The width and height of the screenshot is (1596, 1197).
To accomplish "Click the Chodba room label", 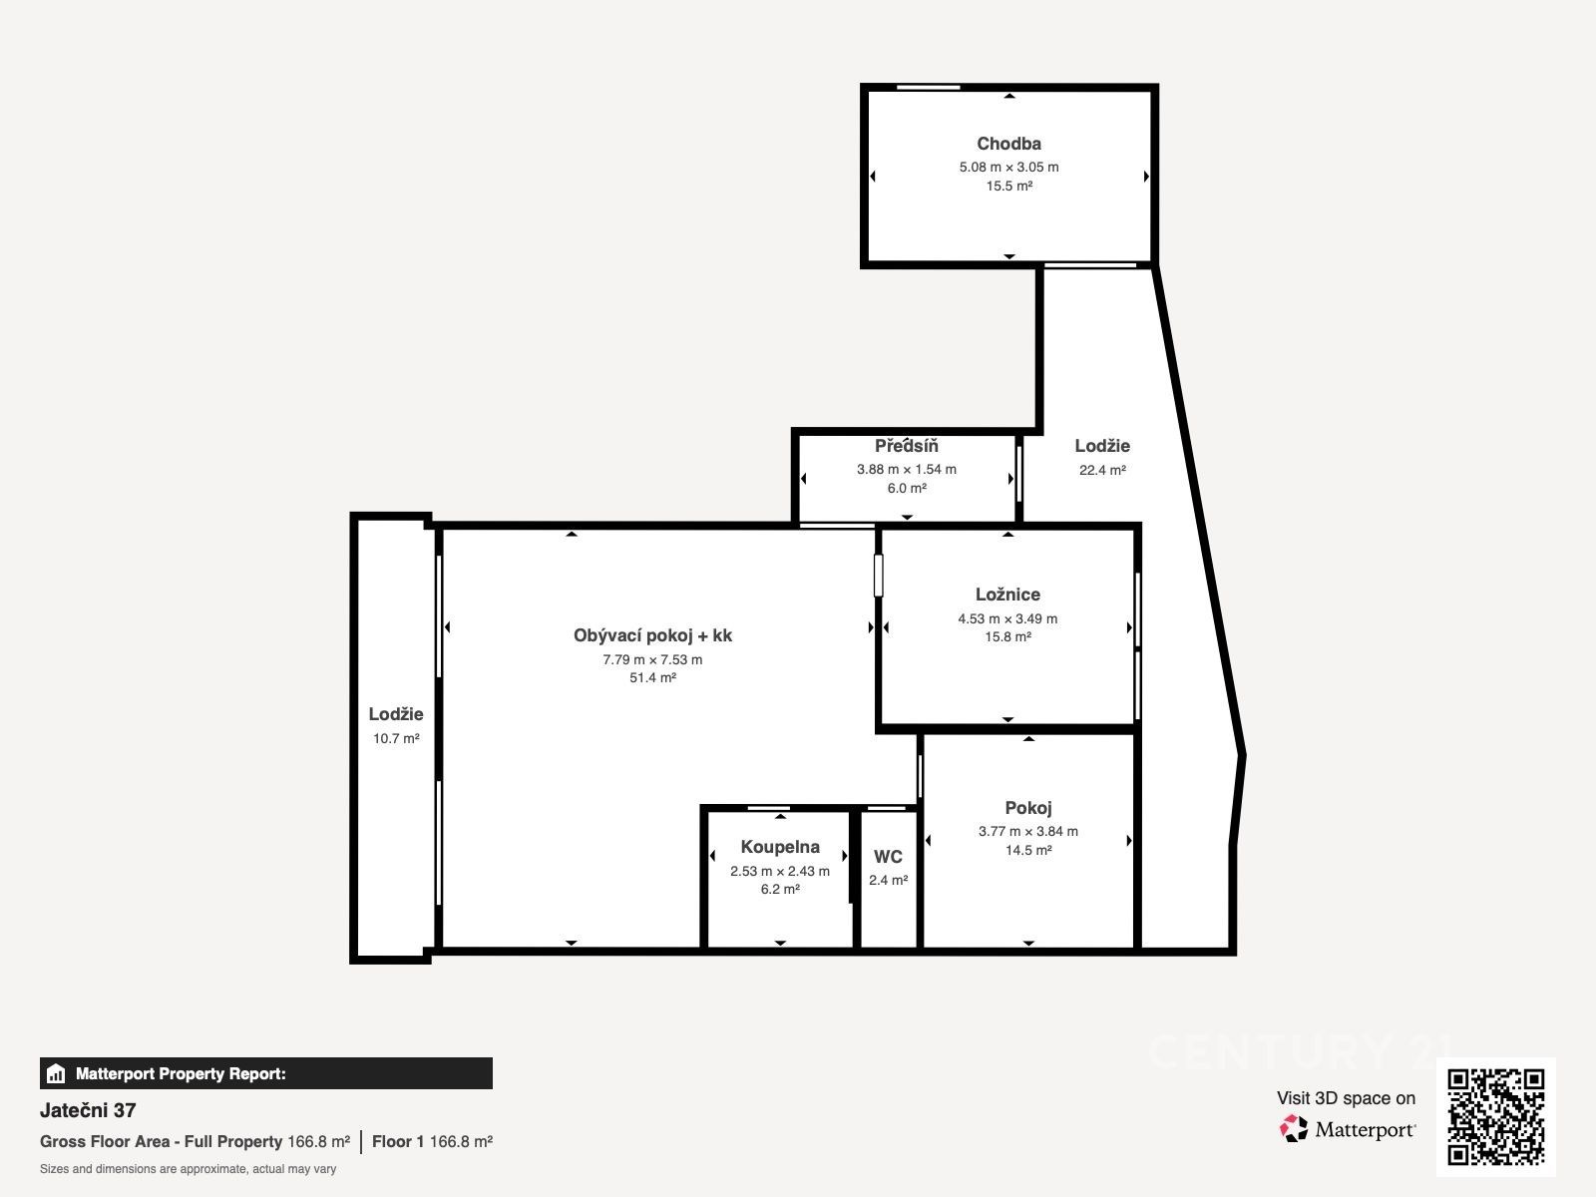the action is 1008,144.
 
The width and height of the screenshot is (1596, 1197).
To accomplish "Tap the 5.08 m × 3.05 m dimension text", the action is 1008,168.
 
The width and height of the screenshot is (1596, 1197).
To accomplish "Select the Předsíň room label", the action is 906,445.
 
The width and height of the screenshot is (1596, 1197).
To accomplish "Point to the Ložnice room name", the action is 1007,595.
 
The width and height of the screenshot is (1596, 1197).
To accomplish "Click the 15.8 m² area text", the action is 1007,636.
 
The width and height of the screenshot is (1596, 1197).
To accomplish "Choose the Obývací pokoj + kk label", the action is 652,636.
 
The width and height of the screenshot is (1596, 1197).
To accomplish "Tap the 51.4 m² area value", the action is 652,677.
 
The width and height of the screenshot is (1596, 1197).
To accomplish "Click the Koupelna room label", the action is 779,847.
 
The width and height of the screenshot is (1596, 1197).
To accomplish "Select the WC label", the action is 888,857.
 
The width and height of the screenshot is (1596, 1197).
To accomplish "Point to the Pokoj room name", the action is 1028,807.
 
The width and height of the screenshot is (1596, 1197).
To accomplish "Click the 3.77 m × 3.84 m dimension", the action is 1028,832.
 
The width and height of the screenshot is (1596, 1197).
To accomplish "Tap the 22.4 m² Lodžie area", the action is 1102,470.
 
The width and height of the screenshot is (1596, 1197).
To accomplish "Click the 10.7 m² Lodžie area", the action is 396,738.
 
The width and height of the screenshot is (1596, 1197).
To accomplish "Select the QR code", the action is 1495,1117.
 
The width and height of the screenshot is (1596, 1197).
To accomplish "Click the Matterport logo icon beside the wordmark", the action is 1294,1129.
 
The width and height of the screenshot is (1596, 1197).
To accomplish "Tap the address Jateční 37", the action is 88,1110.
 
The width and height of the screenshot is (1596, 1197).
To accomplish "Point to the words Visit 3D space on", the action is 1346,1098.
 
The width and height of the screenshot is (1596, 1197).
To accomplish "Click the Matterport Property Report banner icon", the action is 56,1073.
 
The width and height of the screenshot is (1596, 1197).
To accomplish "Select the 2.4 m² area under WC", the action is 888,880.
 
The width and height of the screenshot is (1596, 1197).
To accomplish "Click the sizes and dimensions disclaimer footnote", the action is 188,1169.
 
